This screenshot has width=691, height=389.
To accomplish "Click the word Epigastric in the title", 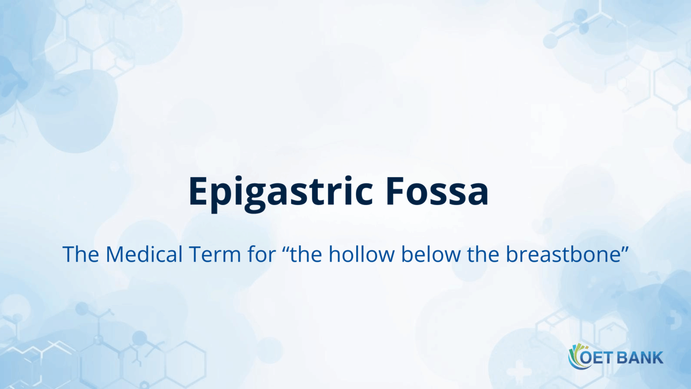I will coord(280,192).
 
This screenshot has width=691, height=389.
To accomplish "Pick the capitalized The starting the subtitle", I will coord(82,254).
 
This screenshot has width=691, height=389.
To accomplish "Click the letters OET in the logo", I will coord(596,357).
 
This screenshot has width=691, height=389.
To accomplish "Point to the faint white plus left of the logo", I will coord(519,371).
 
